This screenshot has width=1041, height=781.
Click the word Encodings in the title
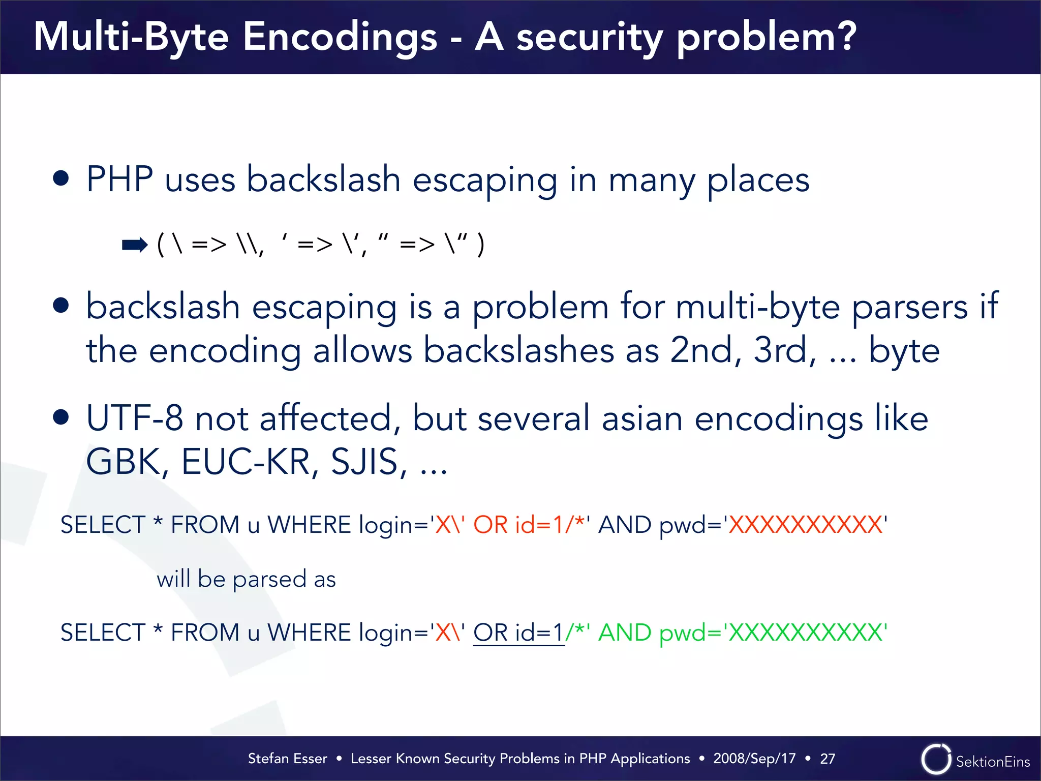point(340,38)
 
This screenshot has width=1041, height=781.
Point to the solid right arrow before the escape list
point(135,245)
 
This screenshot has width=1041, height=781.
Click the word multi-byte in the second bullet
point(757,307)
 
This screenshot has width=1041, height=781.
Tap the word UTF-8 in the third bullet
point(134,418)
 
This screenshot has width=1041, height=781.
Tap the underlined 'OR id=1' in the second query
point(518,633)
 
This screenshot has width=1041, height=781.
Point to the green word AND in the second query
point(625,633)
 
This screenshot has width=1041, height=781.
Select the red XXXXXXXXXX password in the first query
point(806,525)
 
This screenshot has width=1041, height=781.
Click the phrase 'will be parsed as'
point(246,579)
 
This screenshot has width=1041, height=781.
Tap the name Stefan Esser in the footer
point(287,759)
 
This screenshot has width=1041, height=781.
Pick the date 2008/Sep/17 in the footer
point(754,759)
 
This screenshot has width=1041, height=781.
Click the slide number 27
point(828,759)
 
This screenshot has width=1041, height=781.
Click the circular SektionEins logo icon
point(936,760)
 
